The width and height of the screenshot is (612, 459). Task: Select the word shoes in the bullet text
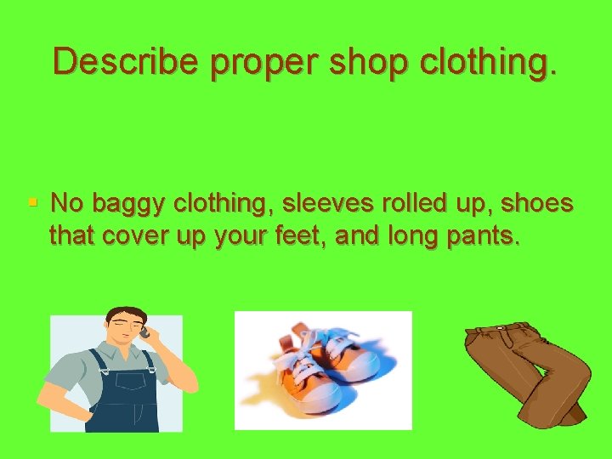coord(536,204)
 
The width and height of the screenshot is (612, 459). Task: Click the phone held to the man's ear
coord(144,331)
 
